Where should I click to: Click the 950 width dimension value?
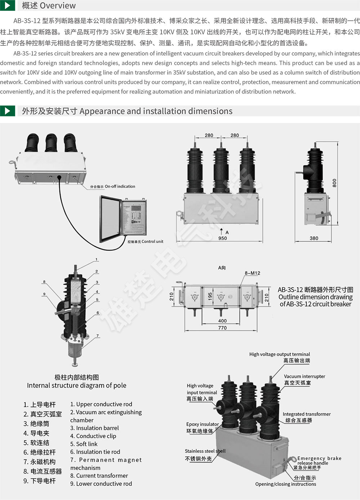(x=222, y=238)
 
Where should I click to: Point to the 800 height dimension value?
(x=334, y=183)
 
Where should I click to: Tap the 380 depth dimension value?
(x=314, y=238)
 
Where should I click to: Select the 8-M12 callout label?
(x=252, y=273)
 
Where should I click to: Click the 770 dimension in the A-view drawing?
(x=222, y=328)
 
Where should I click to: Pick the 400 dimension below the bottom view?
(x=222, y=321)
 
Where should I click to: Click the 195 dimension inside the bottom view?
(x=210, y=296)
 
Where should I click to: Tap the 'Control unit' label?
(x=152, y=242)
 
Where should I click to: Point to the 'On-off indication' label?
(x=120, y=186)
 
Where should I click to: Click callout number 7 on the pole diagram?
(x=98, y=336)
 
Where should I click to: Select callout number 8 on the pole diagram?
(x=44, y=282)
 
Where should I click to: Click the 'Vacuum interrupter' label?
(x=305, y=376)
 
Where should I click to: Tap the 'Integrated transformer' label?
(x=307, y=414)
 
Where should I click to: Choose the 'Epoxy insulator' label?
(x=203, y=424)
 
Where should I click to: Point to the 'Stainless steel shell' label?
(x=205, y=451)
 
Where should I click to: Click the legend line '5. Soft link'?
(x=84, y=444)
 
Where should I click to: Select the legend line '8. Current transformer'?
(x=99, y=476)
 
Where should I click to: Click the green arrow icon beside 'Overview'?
(x=8, y=5)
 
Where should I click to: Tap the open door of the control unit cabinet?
(x=110, y=219)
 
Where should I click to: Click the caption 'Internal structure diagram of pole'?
(x=76, y=385)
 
